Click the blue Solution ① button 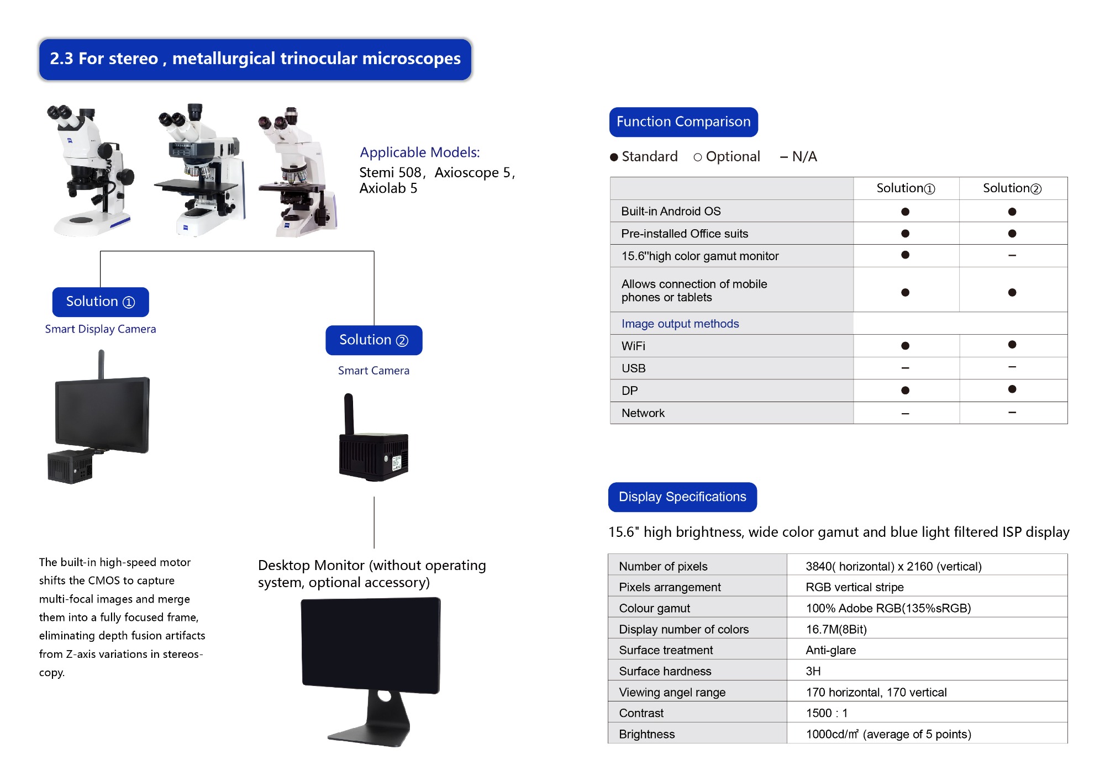pos(100,302)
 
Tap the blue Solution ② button pos(373,340)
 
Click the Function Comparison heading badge pos(683,122)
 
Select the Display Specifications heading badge pos(682,497)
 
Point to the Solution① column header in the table pos(906,188)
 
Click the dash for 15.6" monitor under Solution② pos(1012,255)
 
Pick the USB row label pos(633,368)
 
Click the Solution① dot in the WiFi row pos(905,346)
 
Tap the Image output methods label pos(680,324)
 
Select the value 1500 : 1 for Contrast pos(826,713)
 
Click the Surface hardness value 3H pos(813,671)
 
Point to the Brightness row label pos(646,734)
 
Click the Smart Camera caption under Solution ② pos(373,371)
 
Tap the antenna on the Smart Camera pos(349,413)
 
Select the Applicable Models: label pos(419,152)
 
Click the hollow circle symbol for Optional pos(697,157)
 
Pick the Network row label pos(643,413)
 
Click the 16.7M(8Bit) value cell pos(836,629)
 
